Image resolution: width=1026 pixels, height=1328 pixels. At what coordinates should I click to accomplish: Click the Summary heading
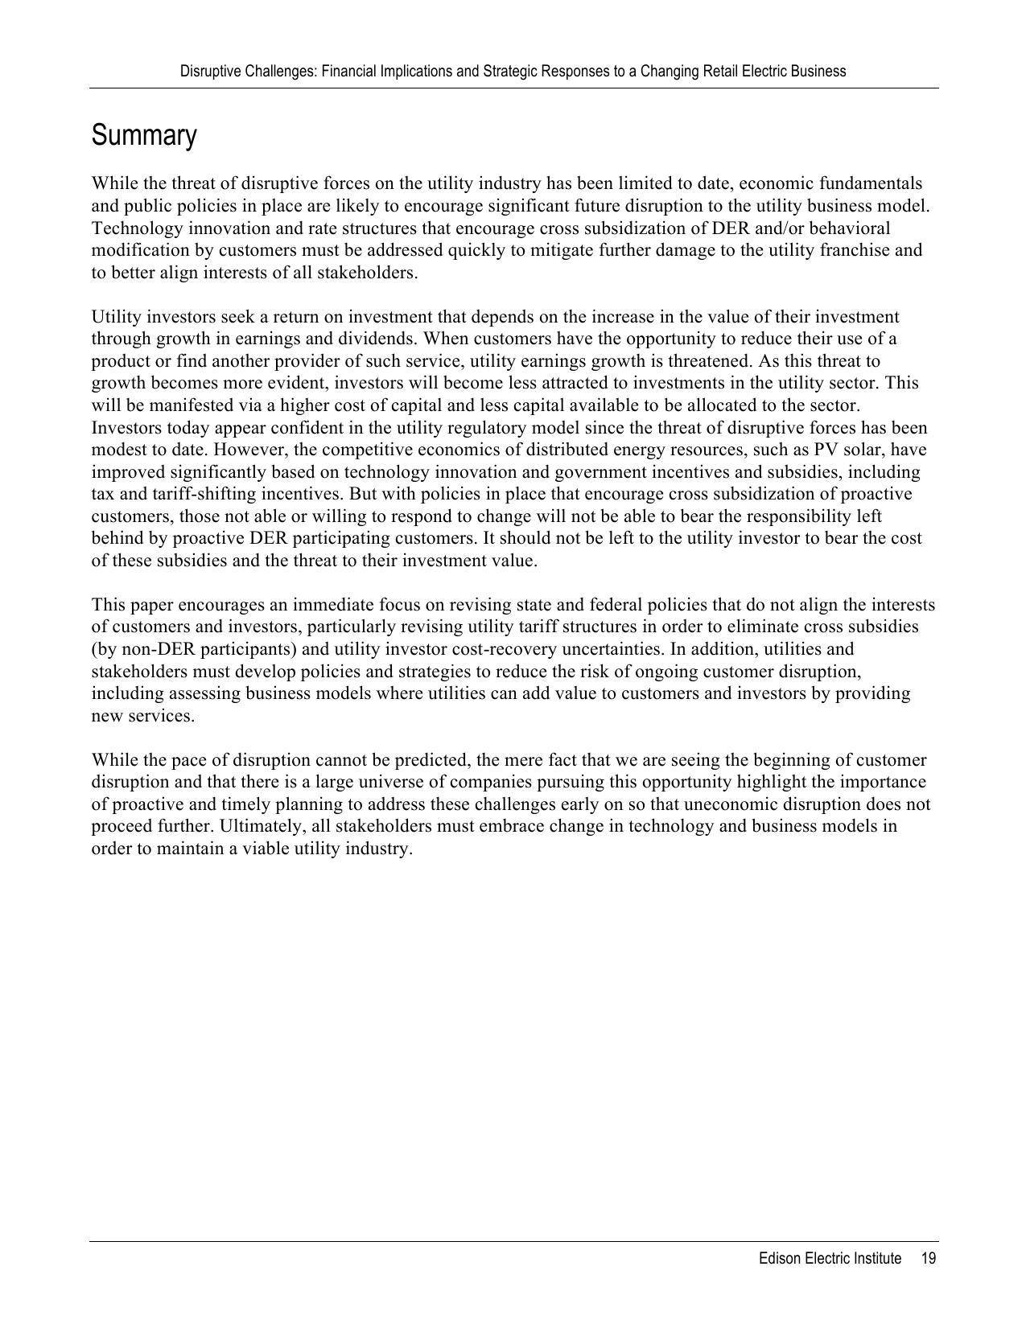pyautogui.click(x=144, y=135)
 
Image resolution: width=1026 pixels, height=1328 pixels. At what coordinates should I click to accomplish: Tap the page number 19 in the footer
pyautogui.click(x=928, y=1259)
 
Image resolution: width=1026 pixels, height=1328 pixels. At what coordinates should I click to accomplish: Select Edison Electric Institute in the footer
pyautogui.click(x=830, y=1259)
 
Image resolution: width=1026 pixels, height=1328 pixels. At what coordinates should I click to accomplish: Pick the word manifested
pyautogui.click(x=173, y=405)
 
